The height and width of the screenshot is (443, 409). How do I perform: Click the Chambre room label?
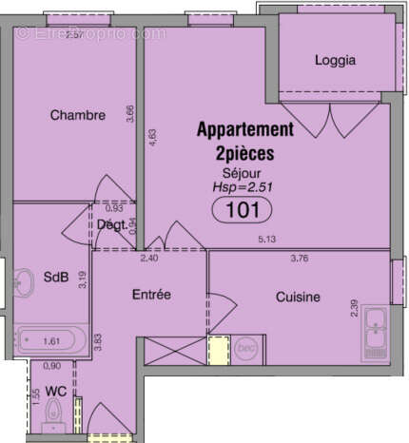[x=77, y=116]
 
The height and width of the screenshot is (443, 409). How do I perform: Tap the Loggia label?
[x=335, y=60]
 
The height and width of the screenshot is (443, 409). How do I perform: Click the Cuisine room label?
[x=299, y=298]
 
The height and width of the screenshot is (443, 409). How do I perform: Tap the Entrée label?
[x=150, y=295]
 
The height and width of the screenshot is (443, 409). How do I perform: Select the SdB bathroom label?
[x=56, y=278]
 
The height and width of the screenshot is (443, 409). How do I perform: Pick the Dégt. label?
[x=113, y=224]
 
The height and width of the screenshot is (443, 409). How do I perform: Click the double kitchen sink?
[x=377, y=335]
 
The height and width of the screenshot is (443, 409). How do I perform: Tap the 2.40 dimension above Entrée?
[x=149, y=257]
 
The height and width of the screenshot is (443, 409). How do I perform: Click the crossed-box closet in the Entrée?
[x=174, y=350]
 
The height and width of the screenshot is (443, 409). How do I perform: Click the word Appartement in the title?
[x=244, y=129]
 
